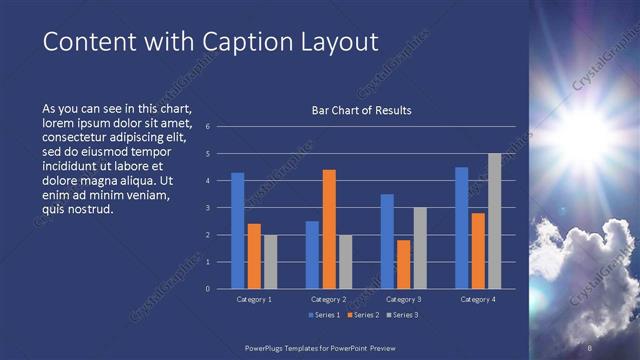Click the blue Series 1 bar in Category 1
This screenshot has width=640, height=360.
(238, 231)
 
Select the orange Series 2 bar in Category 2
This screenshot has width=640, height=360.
(329, 229)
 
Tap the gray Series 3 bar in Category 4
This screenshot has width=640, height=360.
(494, 221)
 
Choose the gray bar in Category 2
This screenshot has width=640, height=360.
(345, 262)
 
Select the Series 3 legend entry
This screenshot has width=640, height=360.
(402, 315)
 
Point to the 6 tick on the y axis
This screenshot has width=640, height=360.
(207, 127)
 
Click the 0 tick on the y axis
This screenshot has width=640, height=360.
(207, 289)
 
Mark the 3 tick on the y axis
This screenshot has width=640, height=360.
(207, 208)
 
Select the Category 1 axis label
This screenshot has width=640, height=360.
(254, 299)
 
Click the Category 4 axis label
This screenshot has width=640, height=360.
(478, 299)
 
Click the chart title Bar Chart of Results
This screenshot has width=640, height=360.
(362, 110)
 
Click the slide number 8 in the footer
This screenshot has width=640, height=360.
(591, 347)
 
